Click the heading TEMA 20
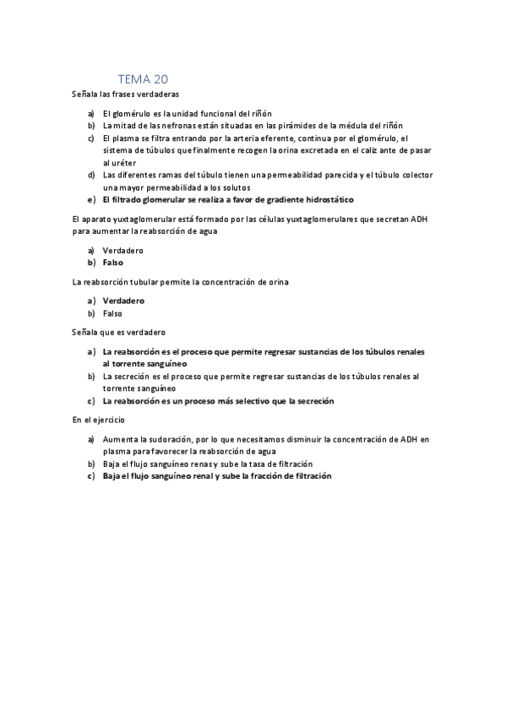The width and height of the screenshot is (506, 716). coord(144,79)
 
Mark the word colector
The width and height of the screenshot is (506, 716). coord(414,175)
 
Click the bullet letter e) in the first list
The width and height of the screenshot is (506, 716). coord(91,199)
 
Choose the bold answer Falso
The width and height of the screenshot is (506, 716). coord(113,263)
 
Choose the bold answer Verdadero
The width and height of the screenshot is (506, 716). coord(123,300)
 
